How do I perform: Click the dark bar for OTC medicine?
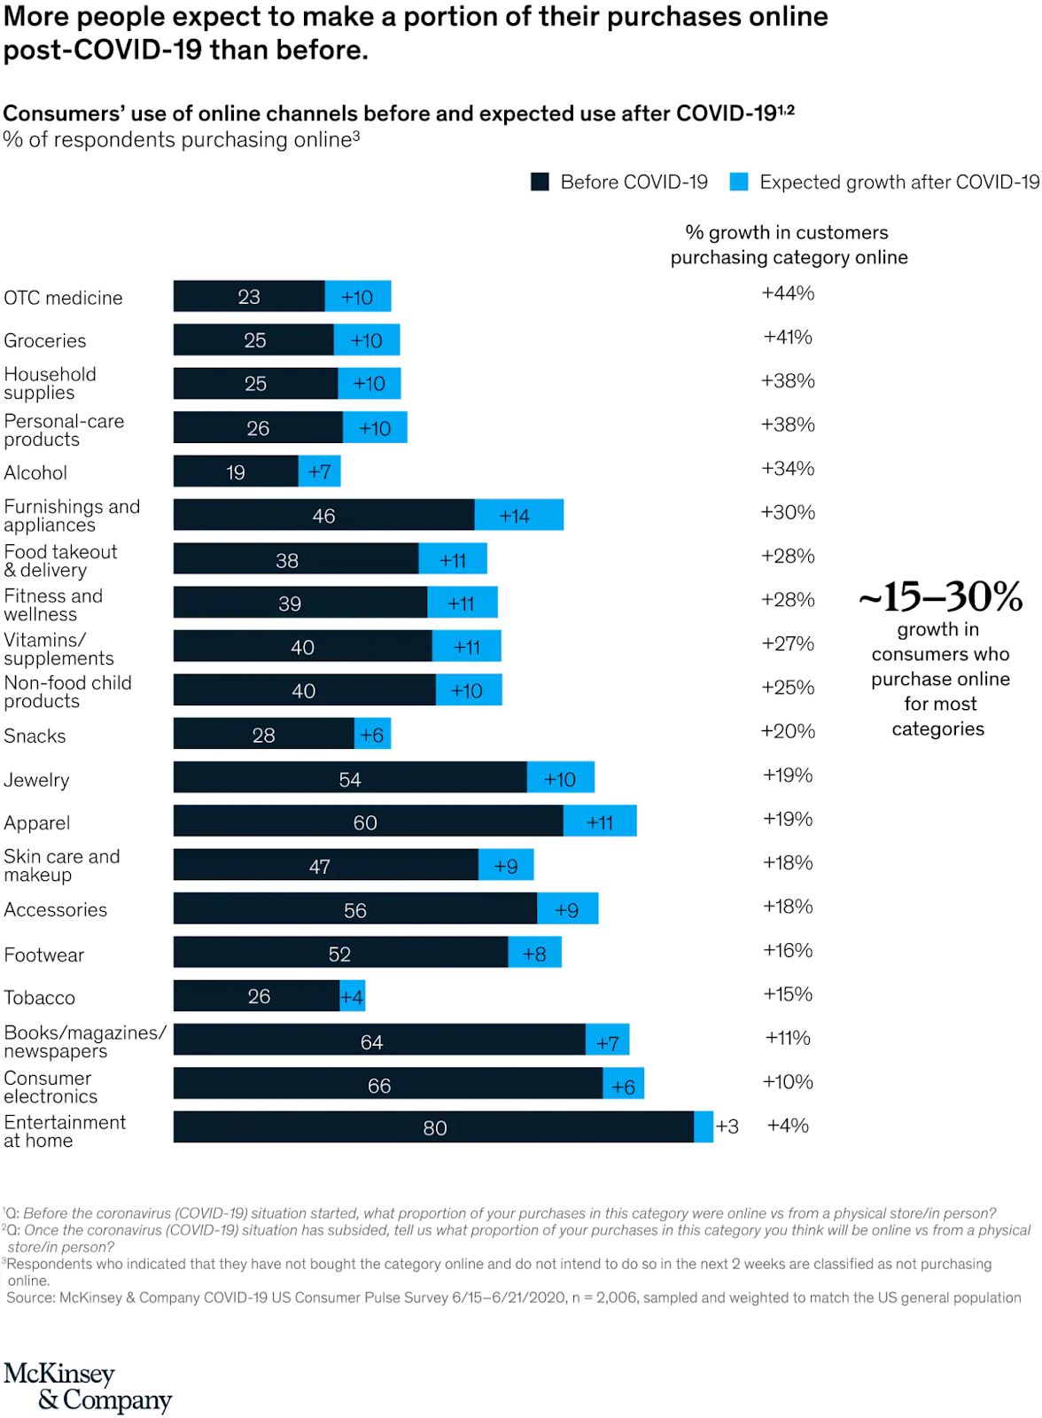(x=249, y=296)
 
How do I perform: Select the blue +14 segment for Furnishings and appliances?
(x=518, y=515)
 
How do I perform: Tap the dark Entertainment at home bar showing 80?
(x=433, y=1127)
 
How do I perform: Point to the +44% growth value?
(x=788, y=293)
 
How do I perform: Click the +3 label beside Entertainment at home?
(x=727, y=1126)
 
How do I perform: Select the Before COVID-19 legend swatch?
(x=540, y=182)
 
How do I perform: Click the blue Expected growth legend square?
(x=738, y=182)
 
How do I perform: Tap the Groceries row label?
(x=45, y=341)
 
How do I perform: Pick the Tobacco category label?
(x=40, y=998)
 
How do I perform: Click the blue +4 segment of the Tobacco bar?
(x=353, y=996)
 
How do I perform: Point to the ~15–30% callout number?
(x=940, y=596)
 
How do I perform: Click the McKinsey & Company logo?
(x=87, y=1387)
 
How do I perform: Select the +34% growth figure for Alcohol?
(x=788, y=468)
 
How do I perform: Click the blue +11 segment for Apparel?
(x=600, y=822)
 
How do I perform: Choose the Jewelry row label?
(x=36, y=781)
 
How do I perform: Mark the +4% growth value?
(x=788, y=1126)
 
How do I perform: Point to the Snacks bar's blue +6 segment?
(x=372, y=735)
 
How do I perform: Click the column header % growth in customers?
(x=787, y=233)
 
